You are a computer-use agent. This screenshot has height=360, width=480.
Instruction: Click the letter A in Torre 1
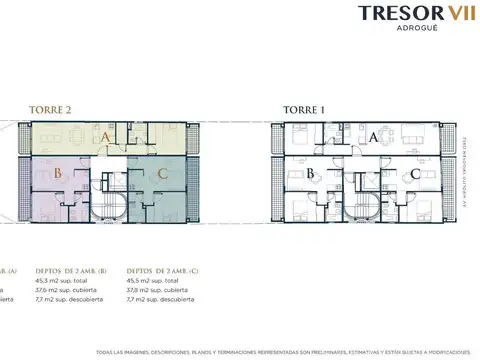coord(372,138)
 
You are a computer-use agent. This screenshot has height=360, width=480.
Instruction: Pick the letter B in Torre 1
coord(312,174)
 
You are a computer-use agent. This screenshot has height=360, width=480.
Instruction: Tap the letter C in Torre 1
coord(414,174)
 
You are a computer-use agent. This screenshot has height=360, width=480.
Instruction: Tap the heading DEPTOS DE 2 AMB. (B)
coord(73,270)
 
